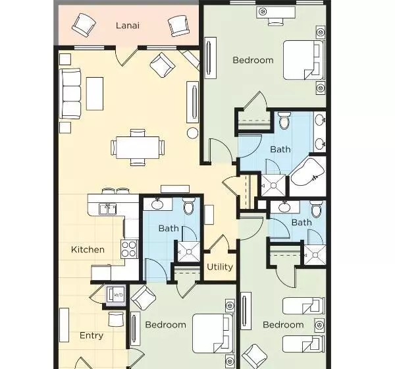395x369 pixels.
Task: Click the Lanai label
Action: click(128, 26)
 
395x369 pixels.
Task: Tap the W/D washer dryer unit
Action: click(115, 295)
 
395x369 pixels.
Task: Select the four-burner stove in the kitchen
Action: click(129, 249)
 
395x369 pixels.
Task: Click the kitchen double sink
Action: click(108, 209)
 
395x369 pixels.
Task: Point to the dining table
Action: click(138, 148)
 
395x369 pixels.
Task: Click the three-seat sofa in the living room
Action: click(70, 94)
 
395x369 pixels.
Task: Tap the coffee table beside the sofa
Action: click(95, 94)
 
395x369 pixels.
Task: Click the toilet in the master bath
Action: click(284, 120)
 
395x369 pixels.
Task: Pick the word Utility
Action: click(220, 267)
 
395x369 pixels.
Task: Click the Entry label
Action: click(92, 335)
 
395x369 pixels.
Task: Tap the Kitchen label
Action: click(88, 250)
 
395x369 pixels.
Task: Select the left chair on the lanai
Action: click(84, 25)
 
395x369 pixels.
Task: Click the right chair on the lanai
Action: click(178, 26)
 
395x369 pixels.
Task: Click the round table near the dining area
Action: click(193, 133)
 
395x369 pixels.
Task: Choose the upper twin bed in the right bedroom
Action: click(303, 306)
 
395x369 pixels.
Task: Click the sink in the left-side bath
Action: click(157, 204)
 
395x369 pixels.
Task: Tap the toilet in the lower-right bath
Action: click(316, 209)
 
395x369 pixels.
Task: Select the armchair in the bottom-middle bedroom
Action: click(143, 298)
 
